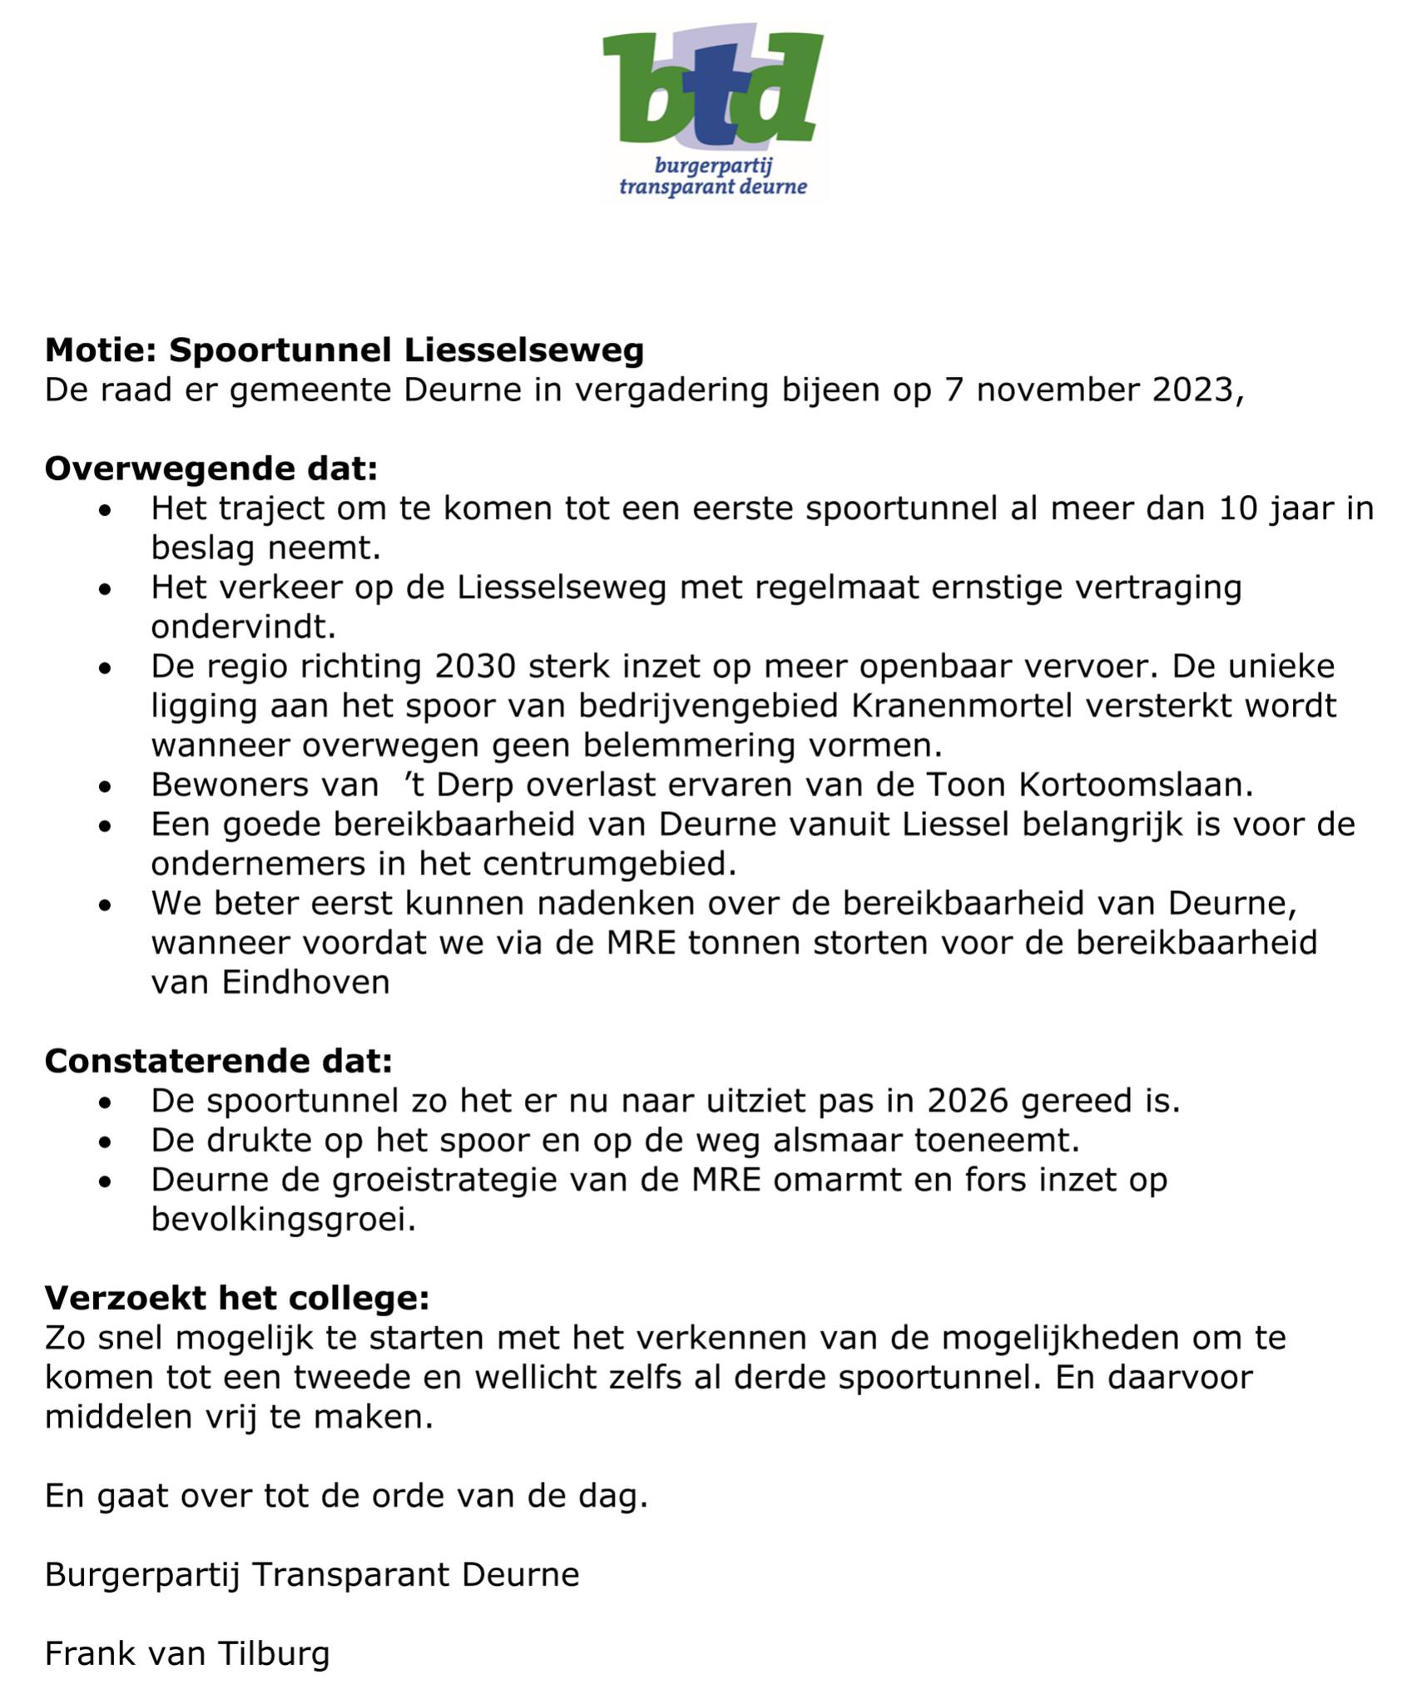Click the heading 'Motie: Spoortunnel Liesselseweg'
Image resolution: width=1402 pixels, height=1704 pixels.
pyautogui.click(x=344, y=350)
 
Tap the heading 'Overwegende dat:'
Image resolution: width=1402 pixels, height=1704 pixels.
pyautogui.click(x=211, y=468)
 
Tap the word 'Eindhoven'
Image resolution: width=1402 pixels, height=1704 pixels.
pyautogui.click(x=306, y=983)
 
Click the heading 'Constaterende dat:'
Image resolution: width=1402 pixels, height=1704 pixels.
pyautogui.click(x=218, y=1061)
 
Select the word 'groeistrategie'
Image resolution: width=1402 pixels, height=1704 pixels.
pyautogui.click(x=462, y=1180)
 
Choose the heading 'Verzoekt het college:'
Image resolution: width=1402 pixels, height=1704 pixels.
pyautogui.click(x=237, y=1298)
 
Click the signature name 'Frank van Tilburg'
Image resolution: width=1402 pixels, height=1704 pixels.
pyautogui.click(x=187, y=1654)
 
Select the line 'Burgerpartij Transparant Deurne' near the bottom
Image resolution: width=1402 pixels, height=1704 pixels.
pyautogui.click(x=312, y=1575)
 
